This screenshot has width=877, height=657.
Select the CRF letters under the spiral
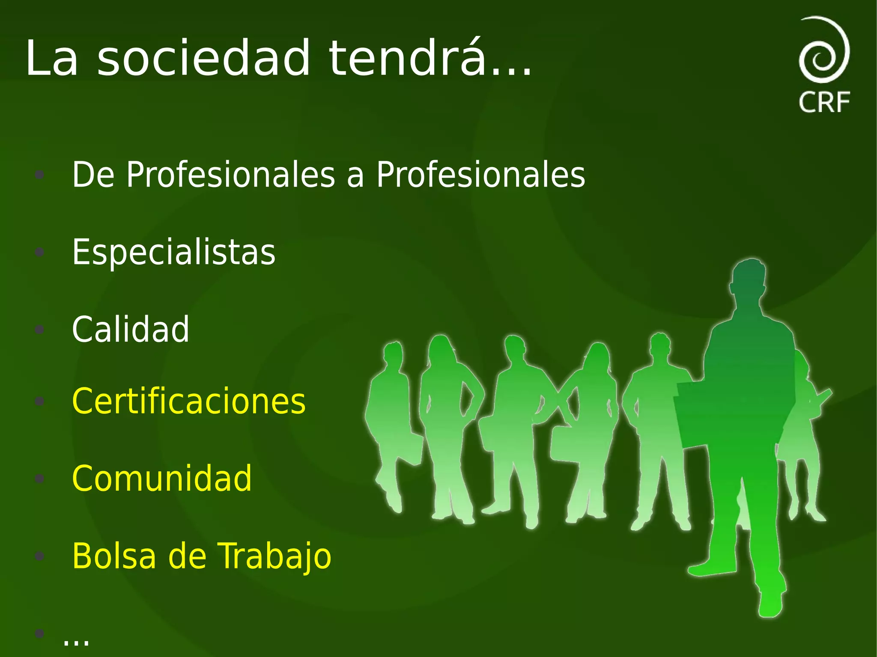point(824,102)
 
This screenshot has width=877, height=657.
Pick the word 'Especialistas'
point(173,252)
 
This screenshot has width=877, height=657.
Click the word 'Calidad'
point(130,329)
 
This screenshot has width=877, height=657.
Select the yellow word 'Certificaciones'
point(188,401)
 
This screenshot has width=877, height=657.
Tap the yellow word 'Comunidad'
point(162,479)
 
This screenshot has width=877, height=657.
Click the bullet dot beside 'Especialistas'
point(39,252)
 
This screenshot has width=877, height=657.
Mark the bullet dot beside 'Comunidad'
point(39,479)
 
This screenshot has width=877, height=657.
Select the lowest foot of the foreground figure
point(771,603)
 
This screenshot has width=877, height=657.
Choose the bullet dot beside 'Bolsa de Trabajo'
point(39,556)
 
